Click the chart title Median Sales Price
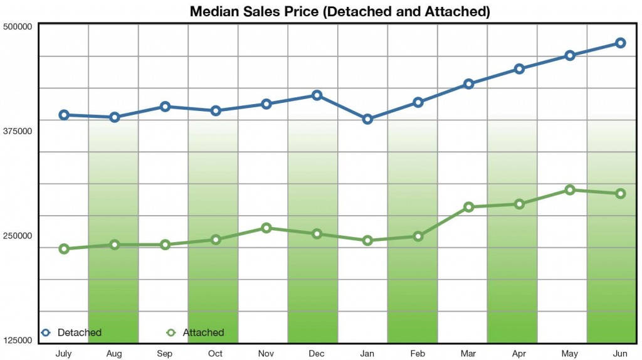pos(339,11)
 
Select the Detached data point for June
pos(620,43)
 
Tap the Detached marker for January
pos(367,119)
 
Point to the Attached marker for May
pos(570,190)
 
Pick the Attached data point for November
pos(266,228)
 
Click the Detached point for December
pos(317,95)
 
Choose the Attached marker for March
pos(468,207)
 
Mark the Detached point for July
pos(63,115)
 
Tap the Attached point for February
pos(418,236)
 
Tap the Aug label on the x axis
pos(114,354)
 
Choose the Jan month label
pos(367,354)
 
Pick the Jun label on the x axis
pos(619,354)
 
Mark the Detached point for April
pos(519,69)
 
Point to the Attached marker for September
pos(165,245)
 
